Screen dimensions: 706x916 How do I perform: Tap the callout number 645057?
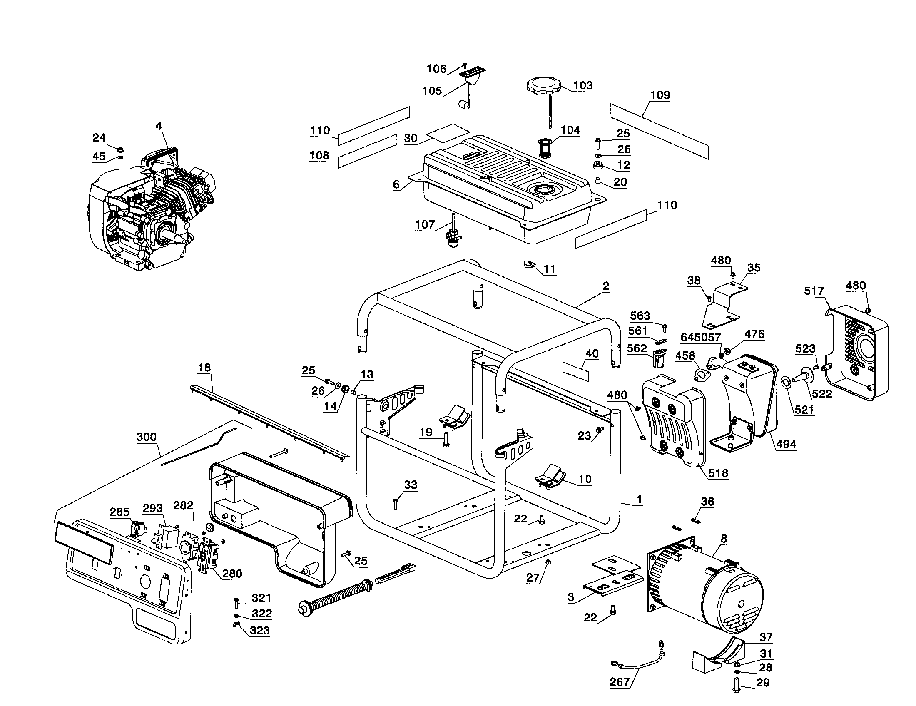[x=700, y=337]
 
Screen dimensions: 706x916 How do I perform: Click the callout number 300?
[x=147, y=437]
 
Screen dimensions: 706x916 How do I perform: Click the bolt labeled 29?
[x=737, y=686]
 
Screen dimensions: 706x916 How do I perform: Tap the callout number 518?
[x=718, y=473]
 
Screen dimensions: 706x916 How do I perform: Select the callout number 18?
[x=204, y=368]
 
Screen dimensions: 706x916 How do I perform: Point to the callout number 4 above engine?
[x=159, y=126]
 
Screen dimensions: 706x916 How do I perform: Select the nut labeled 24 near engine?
[x=119, y=149]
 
